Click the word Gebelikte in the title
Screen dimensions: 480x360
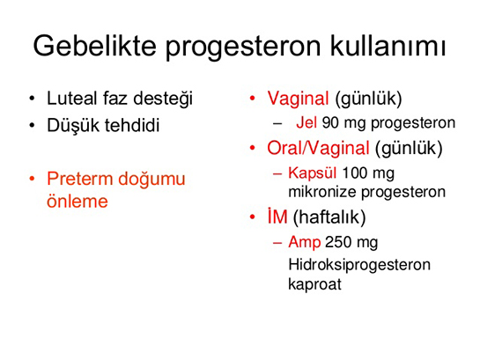[x=94, y=46]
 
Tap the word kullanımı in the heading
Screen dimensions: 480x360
[x=388, y=46]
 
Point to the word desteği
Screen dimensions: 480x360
[x=163, y=99]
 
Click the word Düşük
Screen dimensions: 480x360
[x=73, y=126]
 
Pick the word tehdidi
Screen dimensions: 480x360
[x=132, y=125]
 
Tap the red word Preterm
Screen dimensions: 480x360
[x=79, y=179]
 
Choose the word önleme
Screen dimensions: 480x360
[x=78, y=202]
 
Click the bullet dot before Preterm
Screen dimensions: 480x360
[x=32, y=179]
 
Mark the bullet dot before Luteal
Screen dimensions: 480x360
[x=32, y=99]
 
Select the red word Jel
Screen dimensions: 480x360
[x=306, y=122]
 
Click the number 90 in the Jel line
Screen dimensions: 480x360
[x=330, y=122]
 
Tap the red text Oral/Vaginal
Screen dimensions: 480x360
[x=318, y=148]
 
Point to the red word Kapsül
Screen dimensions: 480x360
[x=313, y=173]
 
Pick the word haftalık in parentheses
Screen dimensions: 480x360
[x=329, y=217]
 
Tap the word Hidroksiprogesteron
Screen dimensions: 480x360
[x=359, y=265]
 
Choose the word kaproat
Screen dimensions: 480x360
[x=314, y=284]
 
